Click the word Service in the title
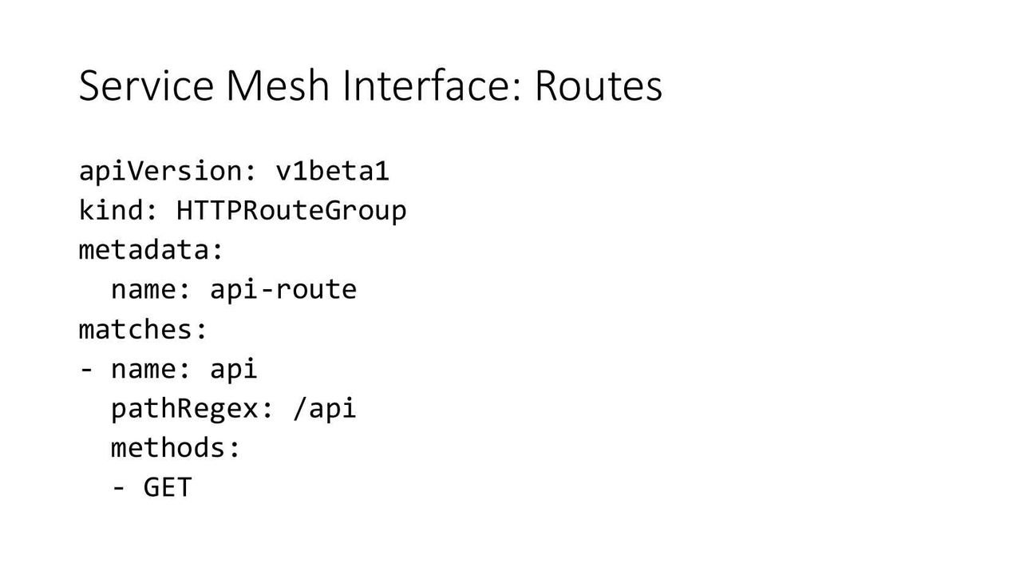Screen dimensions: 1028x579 point(146,85)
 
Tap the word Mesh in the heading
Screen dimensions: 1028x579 point(278,85)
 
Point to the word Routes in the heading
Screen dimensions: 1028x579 point(599,85)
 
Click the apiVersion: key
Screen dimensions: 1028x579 point(168,171)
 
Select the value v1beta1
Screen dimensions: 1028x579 point(332,171)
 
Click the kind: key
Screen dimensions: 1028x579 point(118,211)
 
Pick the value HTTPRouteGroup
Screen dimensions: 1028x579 point(291,211)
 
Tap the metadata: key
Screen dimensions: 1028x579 point(151,250)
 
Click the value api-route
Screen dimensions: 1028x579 point(283,290)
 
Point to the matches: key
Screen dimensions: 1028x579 point(143,330)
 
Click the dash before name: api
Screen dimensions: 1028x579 point(86,369)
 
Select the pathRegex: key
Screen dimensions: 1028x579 point(192,409)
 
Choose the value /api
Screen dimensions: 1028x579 point(325,409)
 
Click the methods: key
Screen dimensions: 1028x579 point(176,448)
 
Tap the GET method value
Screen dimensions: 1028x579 point(168,488)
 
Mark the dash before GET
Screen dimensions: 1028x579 point(118,488)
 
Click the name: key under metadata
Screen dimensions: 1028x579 point(151,290)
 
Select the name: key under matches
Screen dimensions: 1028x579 point(151,369)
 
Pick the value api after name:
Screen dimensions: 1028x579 point(234,369)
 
